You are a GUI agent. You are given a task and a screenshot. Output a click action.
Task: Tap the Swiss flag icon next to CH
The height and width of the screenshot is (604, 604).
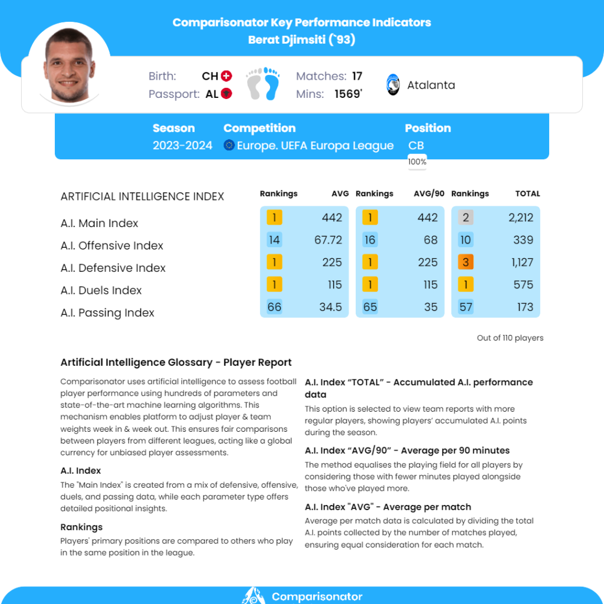click(226, 76)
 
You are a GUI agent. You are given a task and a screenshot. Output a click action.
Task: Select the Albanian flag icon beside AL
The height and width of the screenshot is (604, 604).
click(226, 94)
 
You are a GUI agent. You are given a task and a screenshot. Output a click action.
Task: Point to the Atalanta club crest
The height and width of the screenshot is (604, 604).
click(393, 85)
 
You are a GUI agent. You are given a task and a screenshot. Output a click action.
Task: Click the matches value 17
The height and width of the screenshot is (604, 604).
click(357, 76)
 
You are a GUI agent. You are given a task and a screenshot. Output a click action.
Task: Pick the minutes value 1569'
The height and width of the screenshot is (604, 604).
click(348, 94)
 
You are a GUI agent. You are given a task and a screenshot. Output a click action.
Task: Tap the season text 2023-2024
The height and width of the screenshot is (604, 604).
click(182, 146)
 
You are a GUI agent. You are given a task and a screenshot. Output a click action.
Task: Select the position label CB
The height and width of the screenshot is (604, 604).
click(416, 146)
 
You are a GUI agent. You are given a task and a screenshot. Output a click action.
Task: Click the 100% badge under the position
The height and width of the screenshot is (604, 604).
click(417, 162)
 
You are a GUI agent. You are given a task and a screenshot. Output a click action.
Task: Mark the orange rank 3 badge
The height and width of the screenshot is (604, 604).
click(465, 262)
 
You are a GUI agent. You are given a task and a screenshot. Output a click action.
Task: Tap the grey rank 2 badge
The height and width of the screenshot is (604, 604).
click(465, 218)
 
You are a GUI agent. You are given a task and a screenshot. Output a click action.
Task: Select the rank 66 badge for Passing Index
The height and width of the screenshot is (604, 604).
click(274, 307)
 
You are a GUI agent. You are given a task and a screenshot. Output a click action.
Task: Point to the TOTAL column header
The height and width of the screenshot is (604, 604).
click(527, 193)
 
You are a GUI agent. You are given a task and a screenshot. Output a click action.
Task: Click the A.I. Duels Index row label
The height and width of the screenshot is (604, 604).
click(101, 290)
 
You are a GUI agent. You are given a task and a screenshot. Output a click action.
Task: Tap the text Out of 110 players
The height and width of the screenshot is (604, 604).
click(510, 338)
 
